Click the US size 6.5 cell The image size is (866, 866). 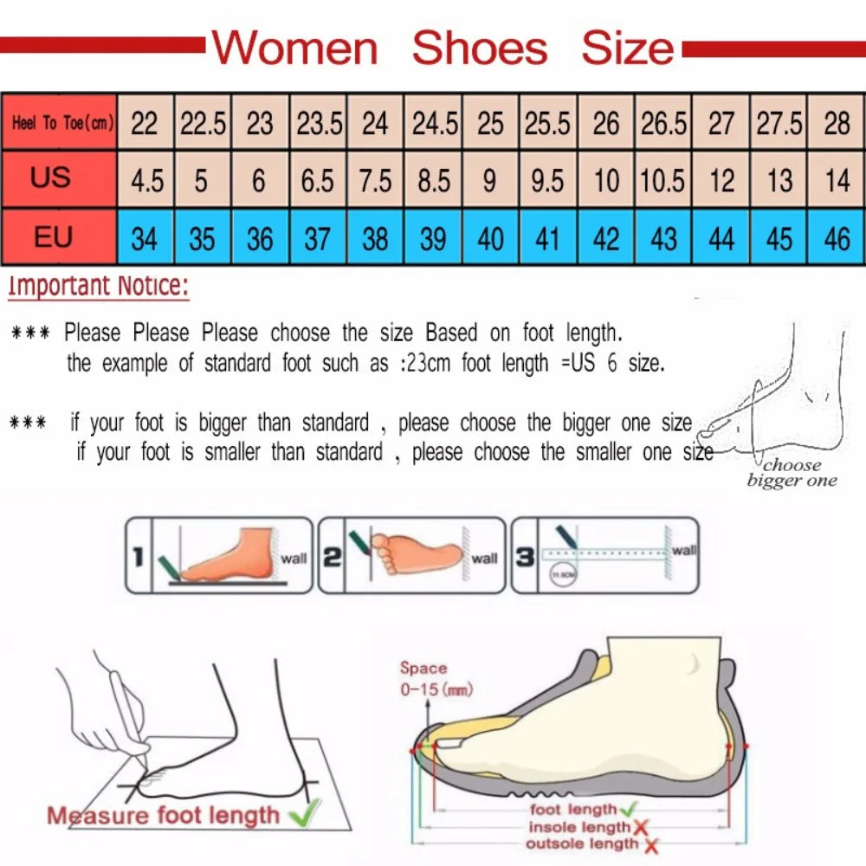[x=318, y=180]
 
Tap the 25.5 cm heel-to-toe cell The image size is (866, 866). [x=547, y=123]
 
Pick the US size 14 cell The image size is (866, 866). [x=837, y=180]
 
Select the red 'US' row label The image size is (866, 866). [x=52, y=178]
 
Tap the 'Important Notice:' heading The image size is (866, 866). [x=98, y=287]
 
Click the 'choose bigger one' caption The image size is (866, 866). [x=792, y=473]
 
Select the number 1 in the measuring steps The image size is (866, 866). [x=137, y=557]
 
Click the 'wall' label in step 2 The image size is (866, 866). [x=484, y=559]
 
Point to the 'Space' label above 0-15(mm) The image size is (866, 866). [x=423, y=669]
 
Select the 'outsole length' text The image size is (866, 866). [x=582, y=843]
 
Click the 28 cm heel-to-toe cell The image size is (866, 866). [x=837, y=123]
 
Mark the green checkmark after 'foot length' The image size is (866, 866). [x=630, y=809]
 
